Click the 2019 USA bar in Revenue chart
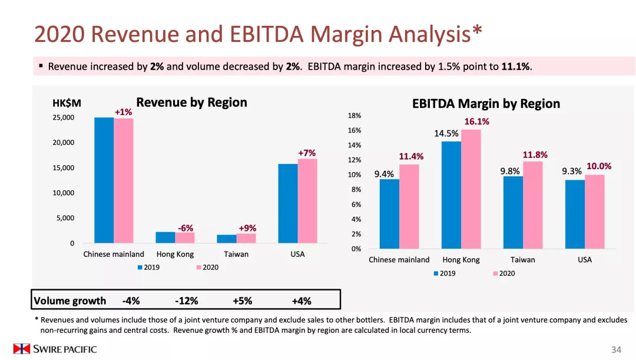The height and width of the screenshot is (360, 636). tap(288, 203)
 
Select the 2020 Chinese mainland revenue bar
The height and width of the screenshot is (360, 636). tap(124, 181)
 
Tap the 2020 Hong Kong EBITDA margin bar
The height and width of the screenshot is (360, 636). tap(471, 189)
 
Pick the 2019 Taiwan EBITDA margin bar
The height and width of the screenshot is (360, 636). tap(512, 212)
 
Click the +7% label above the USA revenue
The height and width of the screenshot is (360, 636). tap(307, 153)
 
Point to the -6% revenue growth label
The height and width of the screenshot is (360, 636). tap(185, 228)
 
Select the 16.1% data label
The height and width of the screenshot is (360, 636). tap(476, 122)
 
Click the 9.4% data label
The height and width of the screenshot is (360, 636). tap(384, 174)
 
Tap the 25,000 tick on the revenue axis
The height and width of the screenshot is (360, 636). tap(64, 117)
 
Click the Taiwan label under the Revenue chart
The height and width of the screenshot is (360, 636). tap(236, 255)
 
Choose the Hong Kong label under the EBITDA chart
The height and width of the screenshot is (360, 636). tap(461, 260)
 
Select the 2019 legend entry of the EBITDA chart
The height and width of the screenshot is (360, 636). tap(444, 273)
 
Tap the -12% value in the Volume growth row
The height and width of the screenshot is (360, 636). tap(187, 301)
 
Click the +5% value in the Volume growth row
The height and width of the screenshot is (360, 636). tap(242, 301)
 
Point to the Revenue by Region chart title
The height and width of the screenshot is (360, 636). tap(191, 103)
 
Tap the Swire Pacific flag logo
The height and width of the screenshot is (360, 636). tap(22, 349)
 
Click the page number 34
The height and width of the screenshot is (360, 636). tap(616, 350)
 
